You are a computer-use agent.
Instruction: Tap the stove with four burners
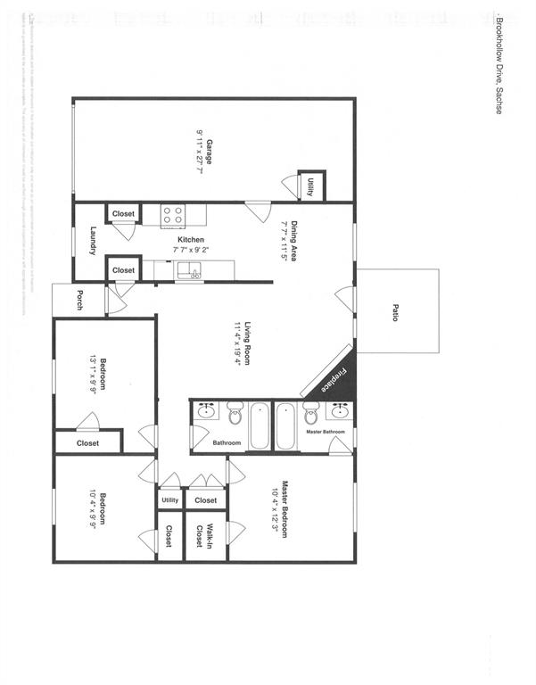(x=173, y=214)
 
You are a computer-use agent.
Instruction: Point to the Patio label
(x=395, y=312)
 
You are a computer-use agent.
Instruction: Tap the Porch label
(x=79, y=300)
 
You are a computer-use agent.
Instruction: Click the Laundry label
(x=93, y=241)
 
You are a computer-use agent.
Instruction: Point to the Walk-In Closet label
(x=204, y=536)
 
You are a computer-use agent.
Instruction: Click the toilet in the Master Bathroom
(x=311, y=415)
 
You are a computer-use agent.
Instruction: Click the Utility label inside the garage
(x=310, y=186)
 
